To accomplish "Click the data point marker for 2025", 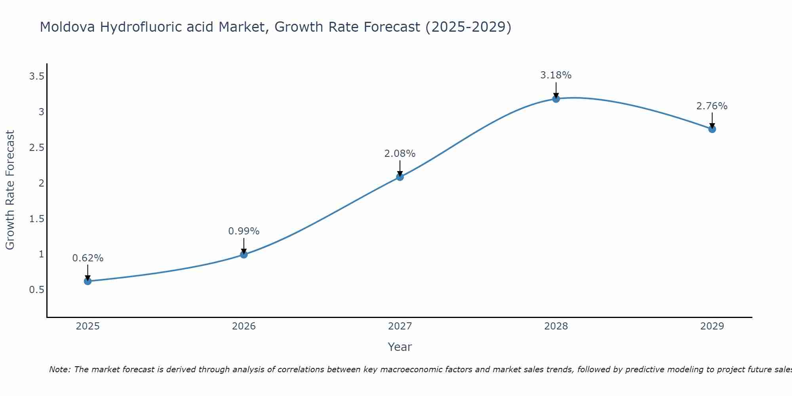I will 88,281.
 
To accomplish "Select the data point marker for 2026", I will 244,255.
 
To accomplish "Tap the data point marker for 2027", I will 400,177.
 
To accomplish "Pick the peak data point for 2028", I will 556,99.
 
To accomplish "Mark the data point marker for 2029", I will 712,129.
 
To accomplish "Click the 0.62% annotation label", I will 88,258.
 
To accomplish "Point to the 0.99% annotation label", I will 244,231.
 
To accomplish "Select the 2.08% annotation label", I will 400,154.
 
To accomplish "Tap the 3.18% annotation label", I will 556,75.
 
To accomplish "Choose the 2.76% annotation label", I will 712,106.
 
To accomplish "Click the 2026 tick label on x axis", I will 244,326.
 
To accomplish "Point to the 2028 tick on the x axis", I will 556,326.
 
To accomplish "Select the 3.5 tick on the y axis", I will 37,76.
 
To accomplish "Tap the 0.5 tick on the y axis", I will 37,290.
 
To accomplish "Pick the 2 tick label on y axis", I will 41,183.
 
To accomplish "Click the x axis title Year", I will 400,347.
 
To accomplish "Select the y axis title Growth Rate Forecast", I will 10,190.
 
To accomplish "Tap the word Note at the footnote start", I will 59,369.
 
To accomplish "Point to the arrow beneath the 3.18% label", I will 556,90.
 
